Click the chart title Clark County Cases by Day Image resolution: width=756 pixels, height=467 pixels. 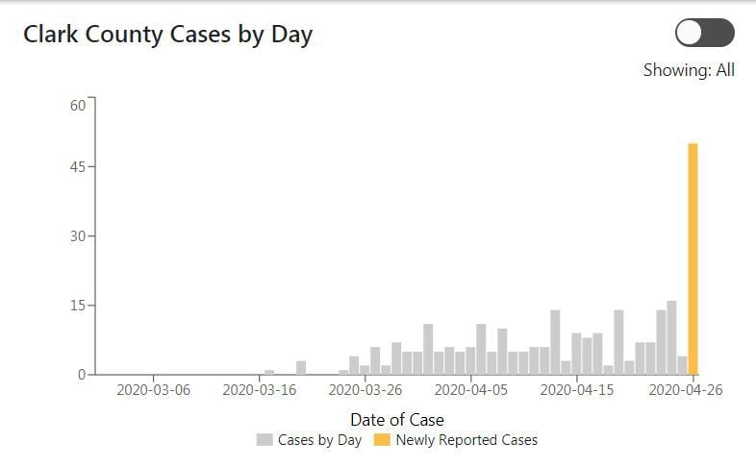point(167,35)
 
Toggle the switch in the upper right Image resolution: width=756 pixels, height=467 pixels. point(704,33)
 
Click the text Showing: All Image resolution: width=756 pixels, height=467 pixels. point(689,70)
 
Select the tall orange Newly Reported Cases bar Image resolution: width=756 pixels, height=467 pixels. point(693,259)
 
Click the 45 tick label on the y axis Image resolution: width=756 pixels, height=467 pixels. point(78,167)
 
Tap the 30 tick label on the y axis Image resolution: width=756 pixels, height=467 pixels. point(78,236)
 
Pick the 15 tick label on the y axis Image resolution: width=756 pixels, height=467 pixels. point(78,306)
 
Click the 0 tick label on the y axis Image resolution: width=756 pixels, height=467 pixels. point(82,375)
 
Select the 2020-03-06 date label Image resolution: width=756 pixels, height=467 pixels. point(153,390)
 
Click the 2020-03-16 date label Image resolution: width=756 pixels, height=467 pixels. point(260,390)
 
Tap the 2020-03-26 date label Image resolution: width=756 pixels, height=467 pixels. point(365,390)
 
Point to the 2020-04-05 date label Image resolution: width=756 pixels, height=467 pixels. point(471,390)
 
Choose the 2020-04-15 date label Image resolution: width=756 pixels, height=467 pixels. point(577,390)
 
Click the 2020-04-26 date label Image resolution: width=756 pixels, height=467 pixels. point(685,390)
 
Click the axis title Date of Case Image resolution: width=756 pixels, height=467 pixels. point(397,419)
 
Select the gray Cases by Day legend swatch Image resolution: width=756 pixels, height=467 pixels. point(265,440)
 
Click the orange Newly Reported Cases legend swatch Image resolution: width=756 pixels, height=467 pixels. point(382,440)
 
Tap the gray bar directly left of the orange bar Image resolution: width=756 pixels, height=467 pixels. point(682,365)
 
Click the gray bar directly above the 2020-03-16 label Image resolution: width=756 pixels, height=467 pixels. point(269,372)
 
